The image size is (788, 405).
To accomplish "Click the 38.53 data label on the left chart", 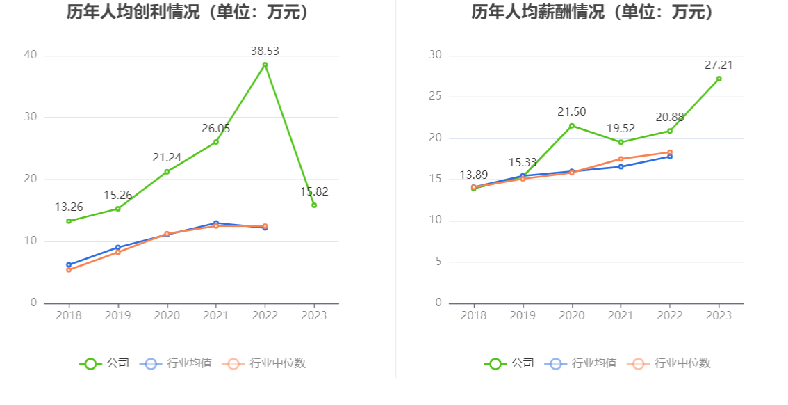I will coord(265,51).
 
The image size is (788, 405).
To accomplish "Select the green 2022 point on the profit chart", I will coord(265,65).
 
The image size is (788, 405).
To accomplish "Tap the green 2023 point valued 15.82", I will coord(314,205).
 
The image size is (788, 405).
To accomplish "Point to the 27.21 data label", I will coord(719,65).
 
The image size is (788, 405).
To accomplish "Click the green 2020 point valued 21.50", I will coord(572,126).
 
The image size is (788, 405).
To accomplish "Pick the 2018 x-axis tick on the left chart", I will coord(69,315).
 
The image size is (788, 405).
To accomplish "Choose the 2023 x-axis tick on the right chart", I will coord(719,315).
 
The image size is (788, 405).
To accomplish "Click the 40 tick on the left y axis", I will coord(30,55).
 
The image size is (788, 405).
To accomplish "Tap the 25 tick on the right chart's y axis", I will coord(435,96).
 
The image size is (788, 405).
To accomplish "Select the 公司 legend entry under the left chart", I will coord(104,363).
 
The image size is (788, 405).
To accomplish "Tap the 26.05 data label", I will coord(216,128).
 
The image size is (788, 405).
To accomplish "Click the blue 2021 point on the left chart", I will coord(216,223).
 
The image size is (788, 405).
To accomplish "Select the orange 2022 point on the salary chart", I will coord(670,152).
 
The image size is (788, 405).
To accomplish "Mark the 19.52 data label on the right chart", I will coord(621,128).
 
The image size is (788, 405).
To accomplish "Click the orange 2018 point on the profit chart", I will coord(69,269).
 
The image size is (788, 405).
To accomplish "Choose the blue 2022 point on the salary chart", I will coord(670,157).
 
